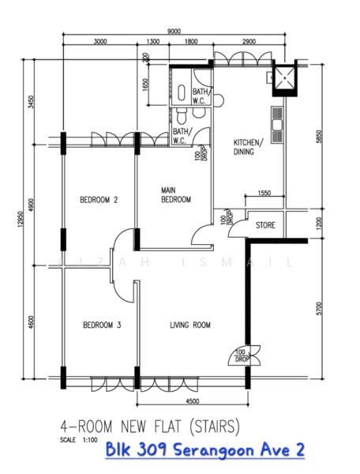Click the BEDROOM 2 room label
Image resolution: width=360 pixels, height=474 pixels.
click(99, 201)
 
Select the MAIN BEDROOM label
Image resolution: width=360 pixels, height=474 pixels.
click(176, 195)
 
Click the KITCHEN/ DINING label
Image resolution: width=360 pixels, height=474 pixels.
click(247, 148)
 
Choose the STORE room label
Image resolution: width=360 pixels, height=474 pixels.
click(265, 226)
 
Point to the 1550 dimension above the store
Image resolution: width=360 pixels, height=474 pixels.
click(264, 193)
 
